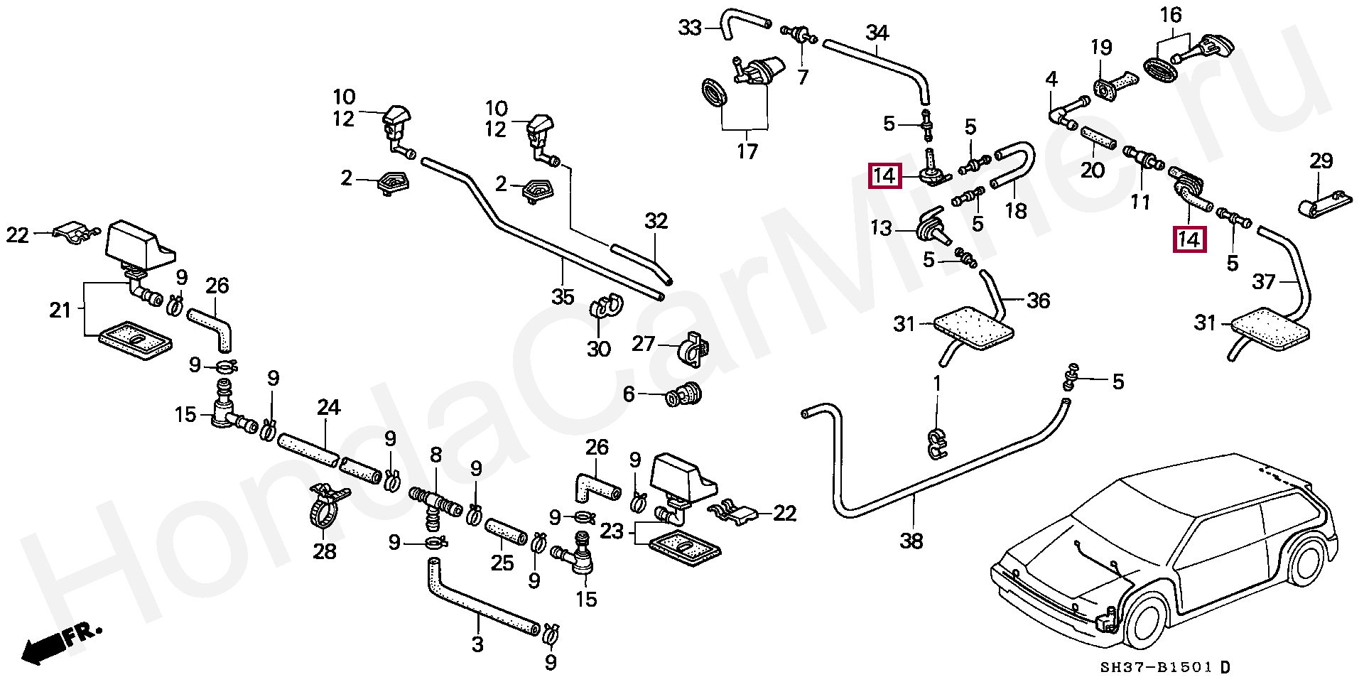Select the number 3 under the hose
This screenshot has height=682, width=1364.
click(x=477, y=644)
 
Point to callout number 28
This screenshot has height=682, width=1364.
click(x=324, y=551)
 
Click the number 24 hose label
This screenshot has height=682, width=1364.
click(x=328, y=408)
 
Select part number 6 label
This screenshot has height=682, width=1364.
click(x=628, y=394)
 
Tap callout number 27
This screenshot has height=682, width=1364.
click(x=644, y=345)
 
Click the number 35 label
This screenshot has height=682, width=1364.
click(x=563, y=296)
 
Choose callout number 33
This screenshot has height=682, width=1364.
click(x=689, y=28)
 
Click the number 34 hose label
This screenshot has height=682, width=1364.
click(x=877, y=32)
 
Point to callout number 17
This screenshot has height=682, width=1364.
click(x=747, y=151)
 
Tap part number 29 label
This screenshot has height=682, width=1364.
click(x=1321, y=161)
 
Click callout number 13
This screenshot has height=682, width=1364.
click(x=881, y=228)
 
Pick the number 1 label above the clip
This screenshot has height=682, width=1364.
click(x=937, y=384)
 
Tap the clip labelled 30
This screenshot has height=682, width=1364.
click(x=604, y=308)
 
